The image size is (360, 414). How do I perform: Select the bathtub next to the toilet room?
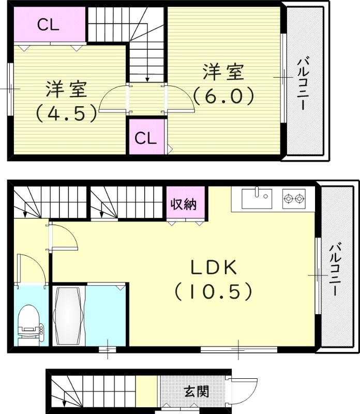pyautogui.click(x=68, y=316)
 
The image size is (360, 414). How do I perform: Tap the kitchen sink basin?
pyautogui.click(x=257, y=197)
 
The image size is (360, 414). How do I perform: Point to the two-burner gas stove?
pyautogui.click(x=293, y=197)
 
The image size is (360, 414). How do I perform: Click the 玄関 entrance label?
pyautogui.click(x=197, y=391)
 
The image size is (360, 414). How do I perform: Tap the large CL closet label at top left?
pyautogui.click(x=48, y=24)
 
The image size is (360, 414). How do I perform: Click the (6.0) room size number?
pyautogui.click(x=223, y=96)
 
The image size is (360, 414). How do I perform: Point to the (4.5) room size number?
pyautogui.click(x=65, y=113)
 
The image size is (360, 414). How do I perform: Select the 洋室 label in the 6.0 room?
pyautogui.click(x=223, y=72)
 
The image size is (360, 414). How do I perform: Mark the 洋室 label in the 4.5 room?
pyautogui.click(x=66, y=90)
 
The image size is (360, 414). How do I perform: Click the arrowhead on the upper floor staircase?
pyautogui.click(x=148, y=79)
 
